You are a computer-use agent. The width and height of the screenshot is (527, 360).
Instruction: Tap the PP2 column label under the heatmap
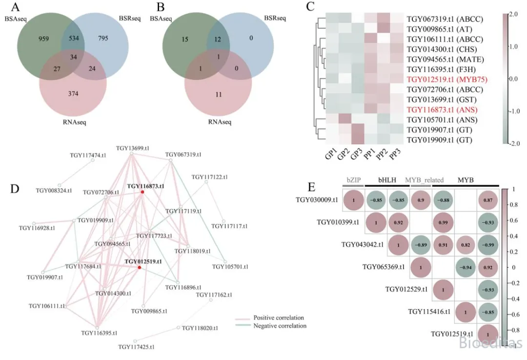(x=379, y=156)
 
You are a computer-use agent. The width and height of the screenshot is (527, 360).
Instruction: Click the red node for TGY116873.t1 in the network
(x=142, y=192)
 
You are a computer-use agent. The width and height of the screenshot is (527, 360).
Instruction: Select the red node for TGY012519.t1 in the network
(x=139, y=267)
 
